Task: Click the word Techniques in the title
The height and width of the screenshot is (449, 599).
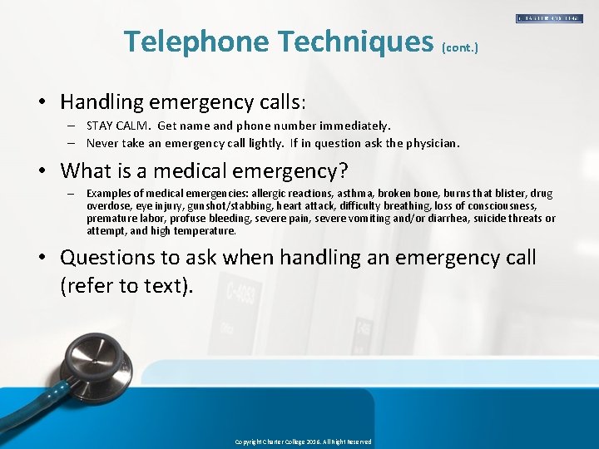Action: tap(357, 42)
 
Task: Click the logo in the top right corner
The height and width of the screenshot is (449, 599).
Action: tap(549, 18)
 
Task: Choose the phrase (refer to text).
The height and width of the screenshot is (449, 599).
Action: tap(126, 286)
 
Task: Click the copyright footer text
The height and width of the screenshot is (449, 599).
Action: tap(303, 442)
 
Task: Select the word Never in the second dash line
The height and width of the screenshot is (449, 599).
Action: tap(102, 143)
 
